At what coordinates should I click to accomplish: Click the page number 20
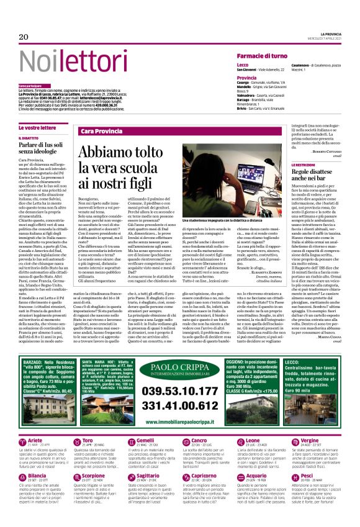pyautogui.click(x=24, y=37)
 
